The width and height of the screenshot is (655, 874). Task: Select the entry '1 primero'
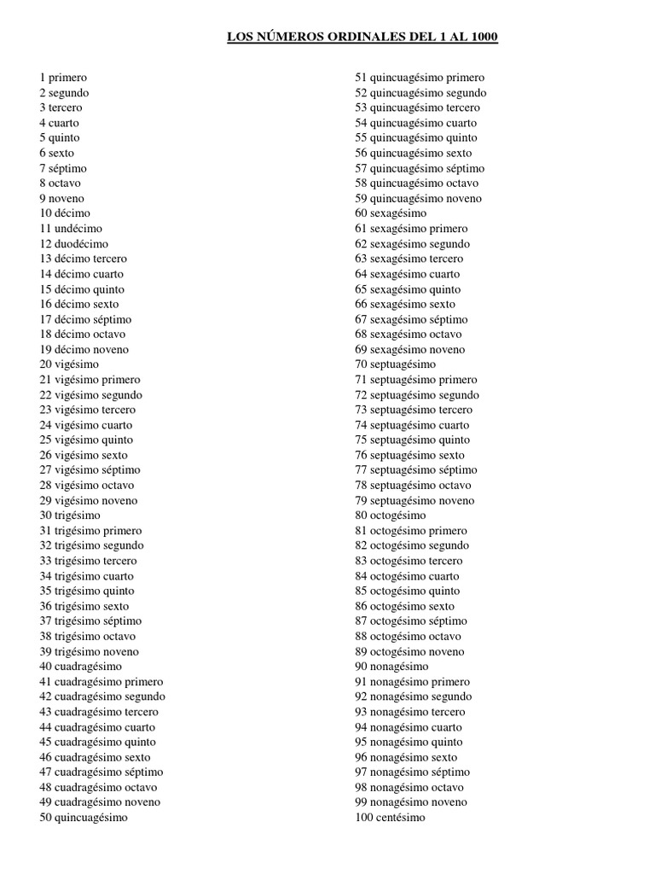(x=62, y=78)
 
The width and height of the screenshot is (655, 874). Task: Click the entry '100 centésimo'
(x=390, y=818)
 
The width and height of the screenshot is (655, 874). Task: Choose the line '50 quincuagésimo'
(x=83, y=818)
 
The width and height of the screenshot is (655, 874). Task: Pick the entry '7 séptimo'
(x=62, y=168)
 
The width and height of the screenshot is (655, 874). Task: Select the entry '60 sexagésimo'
(x=391, y=213)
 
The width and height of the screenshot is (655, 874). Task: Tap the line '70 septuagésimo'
(x=395, y=364)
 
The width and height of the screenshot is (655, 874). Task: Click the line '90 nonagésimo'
(x=391, y=667)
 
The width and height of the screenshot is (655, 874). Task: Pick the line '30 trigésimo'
(x=69, y=516)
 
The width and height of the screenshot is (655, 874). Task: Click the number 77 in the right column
(x=361, y=470)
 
